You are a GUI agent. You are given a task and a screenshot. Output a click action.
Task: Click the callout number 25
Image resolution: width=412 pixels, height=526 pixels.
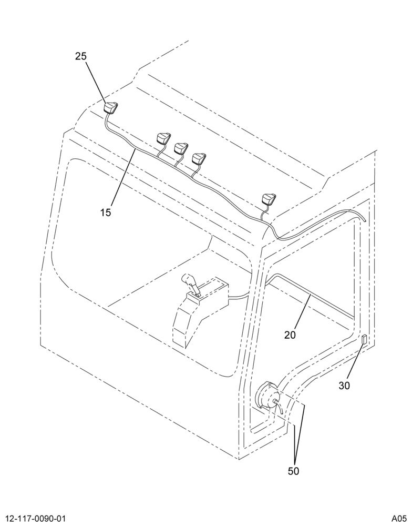(x=81, y=56)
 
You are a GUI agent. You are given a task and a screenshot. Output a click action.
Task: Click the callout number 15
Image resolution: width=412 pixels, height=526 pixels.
(x=105, y=213)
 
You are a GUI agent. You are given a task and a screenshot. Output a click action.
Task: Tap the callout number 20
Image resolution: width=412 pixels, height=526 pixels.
(x=290, y=335)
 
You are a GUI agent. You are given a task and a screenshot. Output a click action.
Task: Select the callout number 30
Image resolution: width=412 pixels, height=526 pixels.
(x=344, y=386)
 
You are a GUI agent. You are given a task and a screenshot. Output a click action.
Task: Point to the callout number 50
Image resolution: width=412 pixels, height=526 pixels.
(x=293, y=471)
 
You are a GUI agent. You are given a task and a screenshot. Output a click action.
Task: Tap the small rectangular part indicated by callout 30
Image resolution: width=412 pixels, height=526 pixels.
(x=364, y=339)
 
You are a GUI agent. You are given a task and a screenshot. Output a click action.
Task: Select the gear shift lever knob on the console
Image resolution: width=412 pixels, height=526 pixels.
(x=189, y=280)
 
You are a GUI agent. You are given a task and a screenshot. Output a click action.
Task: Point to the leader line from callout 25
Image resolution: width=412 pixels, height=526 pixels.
(x=97, y=82)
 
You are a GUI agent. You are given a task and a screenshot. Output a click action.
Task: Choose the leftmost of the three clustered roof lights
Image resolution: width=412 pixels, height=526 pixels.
(x=164, y=138)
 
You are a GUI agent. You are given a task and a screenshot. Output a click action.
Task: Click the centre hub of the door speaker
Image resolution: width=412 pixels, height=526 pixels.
(x=275, y=400)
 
